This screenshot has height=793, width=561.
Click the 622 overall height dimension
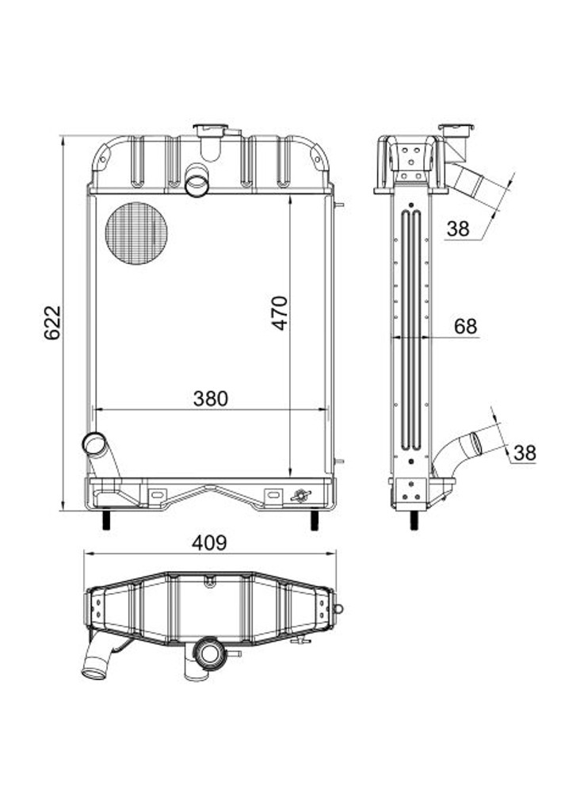pos(52,323)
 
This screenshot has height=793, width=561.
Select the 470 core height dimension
pos(280,312)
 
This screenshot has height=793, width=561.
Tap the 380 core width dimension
pos(211,399)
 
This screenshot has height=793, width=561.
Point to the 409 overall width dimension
pos(210,543)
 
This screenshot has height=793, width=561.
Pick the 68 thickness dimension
pos(466,326)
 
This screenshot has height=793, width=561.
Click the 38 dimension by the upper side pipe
pos(458,229)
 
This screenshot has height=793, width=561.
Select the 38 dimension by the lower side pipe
pos(525,453)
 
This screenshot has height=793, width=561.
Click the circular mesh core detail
pos(136,232)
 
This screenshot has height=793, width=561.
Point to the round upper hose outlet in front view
pos(197,185)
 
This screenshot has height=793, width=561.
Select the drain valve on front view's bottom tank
pos(301,496)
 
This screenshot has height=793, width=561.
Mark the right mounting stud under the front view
pos(315,521)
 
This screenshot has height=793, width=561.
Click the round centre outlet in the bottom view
pos(211,654)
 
